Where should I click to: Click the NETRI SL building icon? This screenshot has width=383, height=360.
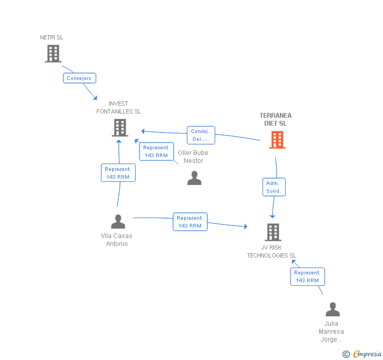pyautogui.click(x=53, y=54)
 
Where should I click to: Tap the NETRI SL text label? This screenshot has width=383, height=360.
pyautogui.click(x=52, y=38)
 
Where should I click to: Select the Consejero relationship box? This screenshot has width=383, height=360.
pyautogui.click(x=79, y=78)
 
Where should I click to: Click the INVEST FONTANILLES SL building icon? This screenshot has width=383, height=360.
pyautogui.click(x=120, y=127)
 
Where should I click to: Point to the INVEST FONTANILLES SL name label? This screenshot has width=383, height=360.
pyautogui.click(x=119, y=108)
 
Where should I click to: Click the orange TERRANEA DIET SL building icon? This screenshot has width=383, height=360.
pyautogui.click(x=277, y=139)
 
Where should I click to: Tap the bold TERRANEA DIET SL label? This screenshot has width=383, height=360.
pyautogui.click(x=275, y=119)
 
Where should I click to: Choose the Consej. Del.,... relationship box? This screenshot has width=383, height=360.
pyautogui.click(x=200, y=135)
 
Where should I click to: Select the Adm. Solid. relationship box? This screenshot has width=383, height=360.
pyautogui.click(x=274, y=187)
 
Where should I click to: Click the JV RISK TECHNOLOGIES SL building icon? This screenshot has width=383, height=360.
pyautogui.click(x=273, y=232)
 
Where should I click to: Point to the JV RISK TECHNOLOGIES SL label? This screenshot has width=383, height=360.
pyautogui.click(x=272, y=251)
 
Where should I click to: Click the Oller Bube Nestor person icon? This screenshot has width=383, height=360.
pyautogui.click(x=194, y=178)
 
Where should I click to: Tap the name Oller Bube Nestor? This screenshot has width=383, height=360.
pyautogui.click(x=193, y=157)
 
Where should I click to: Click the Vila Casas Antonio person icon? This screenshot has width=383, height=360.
pyautogui.click(x=118, y=221)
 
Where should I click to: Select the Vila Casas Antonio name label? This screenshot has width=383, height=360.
pyautogui.click(x=117, y=240)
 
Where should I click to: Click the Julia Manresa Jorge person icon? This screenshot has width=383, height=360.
pyautogui.click(x=332, y=309)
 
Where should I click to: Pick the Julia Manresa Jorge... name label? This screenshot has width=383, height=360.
pyautogui.click(x=331, y=332)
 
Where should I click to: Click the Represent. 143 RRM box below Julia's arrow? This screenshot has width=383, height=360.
pyautogui.click(x=307, y=276)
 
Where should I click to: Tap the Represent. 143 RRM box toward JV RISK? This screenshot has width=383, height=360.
pyautogui.click(x=190, y=221)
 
